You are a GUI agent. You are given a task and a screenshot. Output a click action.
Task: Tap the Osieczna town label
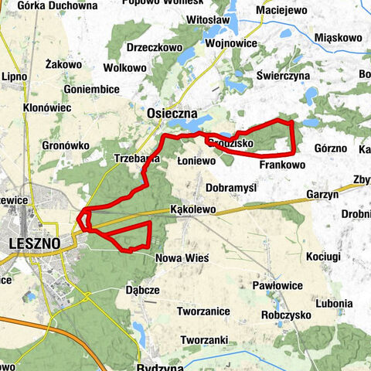[169, 113]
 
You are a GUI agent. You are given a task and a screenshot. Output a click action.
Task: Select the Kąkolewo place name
[192, 210]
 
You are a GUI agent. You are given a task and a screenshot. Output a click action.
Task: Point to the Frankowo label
[282, 165]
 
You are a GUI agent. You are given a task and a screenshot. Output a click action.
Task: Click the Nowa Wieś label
[182, 258]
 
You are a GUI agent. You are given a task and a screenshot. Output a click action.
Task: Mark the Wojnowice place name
[231, 44]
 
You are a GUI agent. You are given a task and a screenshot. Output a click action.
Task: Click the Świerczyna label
[284, 77]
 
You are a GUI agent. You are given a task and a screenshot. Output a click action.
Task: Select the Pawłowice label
[276, 286]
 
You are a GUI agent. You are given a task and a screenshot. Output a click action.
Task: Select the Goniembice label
[92, 90]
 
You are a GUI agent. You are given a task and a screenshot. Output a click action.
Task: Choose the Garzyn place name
[322, 196]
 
